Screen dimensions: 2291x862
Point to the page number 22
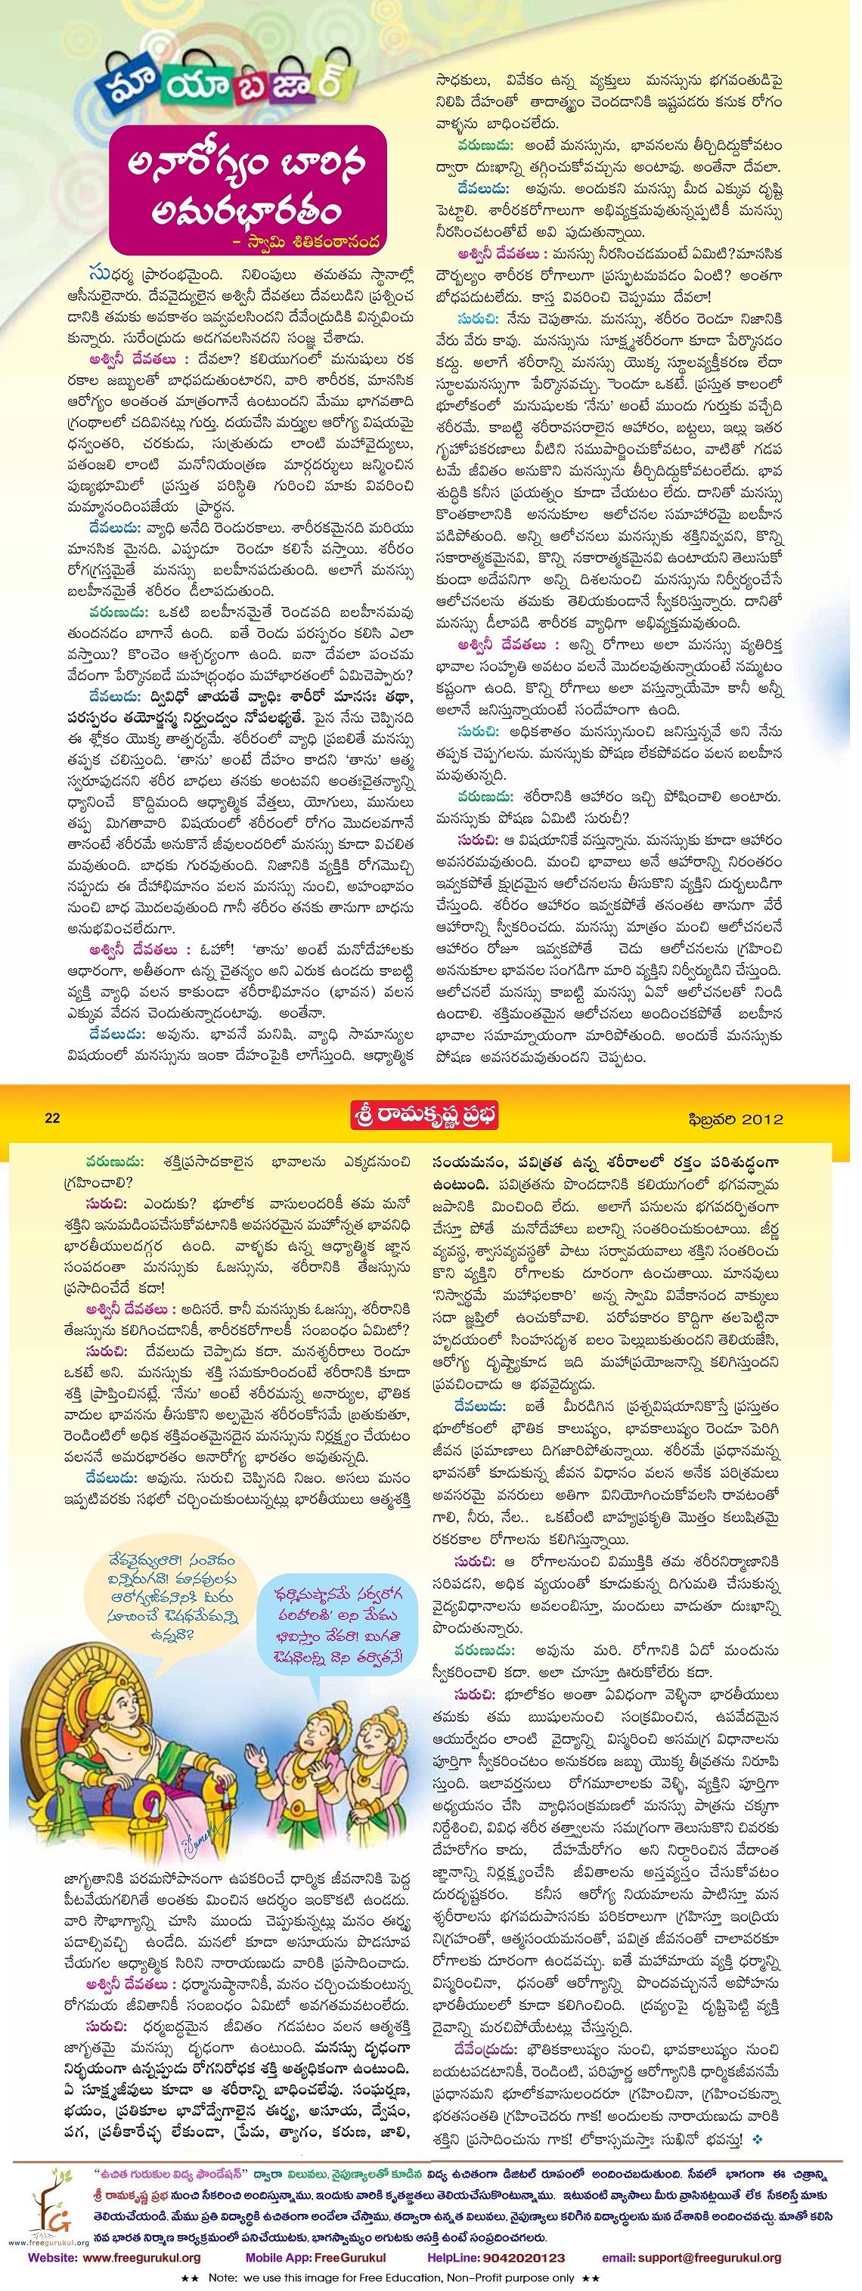click(52, 1118)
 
